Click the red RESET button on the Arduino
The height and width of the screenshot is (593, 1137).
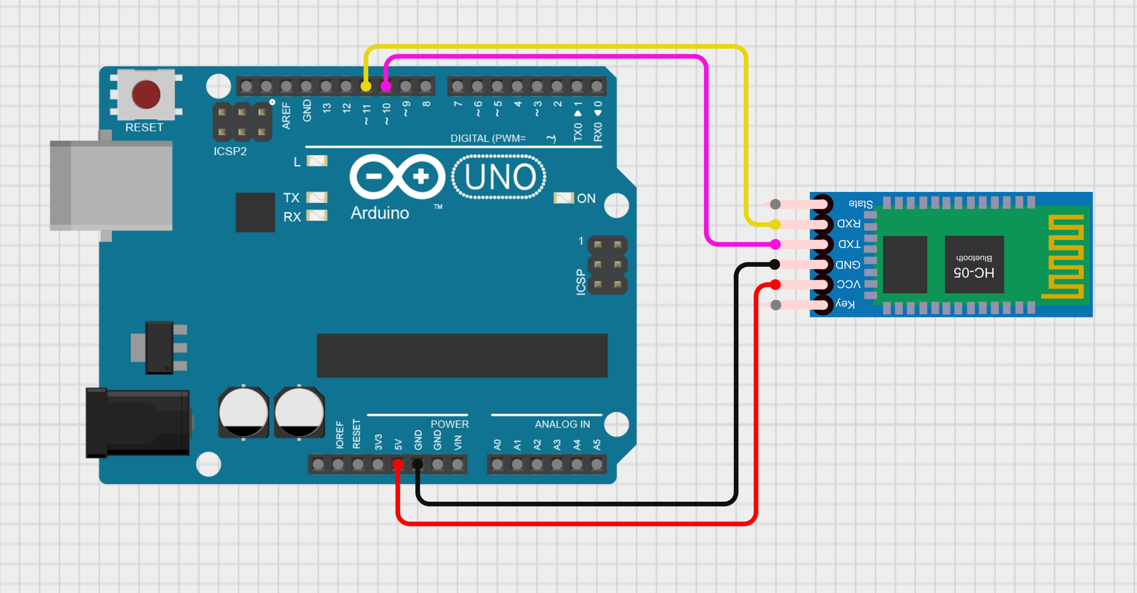pos(146,95)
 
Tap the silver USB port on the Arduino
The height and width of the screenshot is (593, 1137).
pos(111,186)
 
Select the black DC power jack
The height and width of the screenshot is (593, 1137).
pos(138,423)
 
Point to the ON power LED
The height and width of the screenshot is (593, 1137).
pos(563,198)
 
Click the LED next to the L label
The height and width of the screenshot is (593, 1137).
pos(317,161)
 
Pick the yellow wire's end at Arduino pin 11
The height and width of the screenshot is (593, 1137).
pos(366,86)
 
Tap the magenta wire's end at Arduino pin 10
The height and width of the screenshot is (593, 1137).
pos(386,86)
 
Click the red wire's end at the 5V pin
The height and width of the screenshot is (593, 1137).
pos(398,464)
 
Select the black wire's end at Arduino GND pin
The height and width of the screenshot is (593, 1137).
pos(417,464)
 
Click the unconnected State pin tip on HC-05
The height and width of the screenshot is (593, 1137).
pos(775,204)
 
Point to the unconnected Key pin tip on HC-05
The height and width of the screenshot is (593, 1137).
pos(776,305)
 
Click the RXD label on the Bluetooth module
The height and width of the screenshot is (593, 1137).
pos(848,224)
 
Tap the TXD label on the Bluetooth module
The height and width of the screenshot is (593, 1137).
pos(849,244)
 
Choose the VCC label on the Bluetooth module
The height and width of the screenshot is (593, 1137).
pos(848,284)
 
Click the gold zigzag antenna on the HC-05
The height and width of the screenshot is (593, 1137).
pos(1063,257)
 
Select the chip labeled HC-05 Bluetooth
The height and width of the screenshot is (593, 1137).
pos(974,264)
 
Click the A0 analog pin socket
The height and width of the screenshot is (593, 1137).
pos(497,464)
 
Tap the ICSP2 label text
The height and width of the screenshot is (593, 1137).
pos(230,151)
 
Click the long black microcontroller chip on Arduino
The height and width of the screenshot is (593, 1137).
pos(462,355)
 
